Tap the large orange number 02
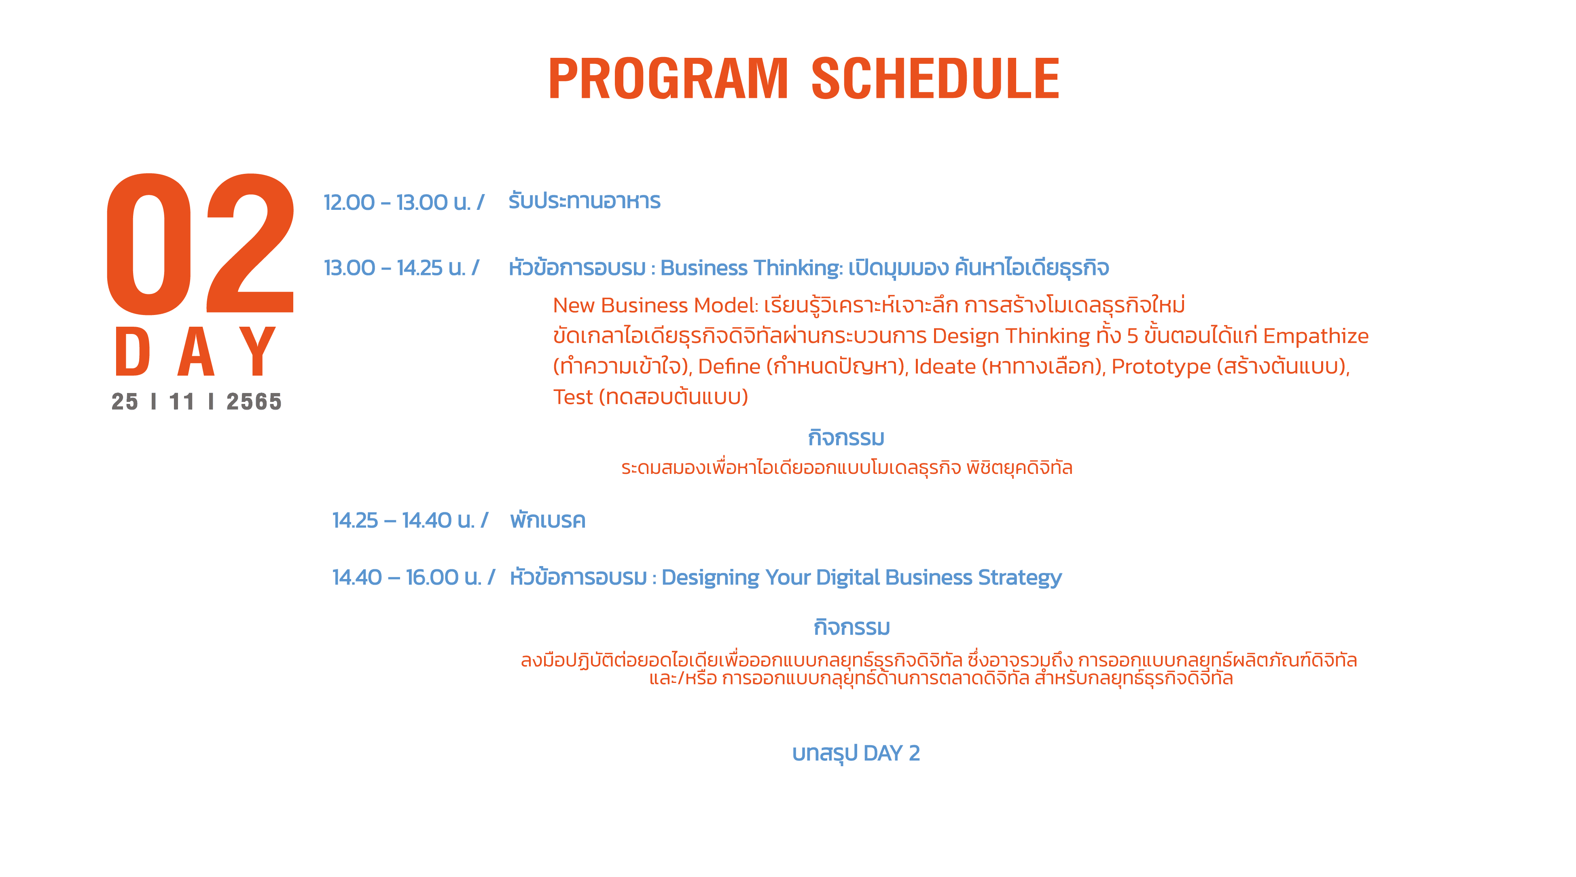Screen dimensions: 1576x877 click(201, 244)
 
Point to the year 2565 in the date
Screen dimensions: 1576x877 click(254, 402)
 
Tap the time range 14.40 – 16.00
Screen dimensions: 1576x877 click(395, 577)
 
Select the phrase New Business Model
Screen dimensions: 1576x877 click(655, 305)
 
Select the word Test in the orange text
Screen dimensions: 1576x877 click(573, 397)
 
